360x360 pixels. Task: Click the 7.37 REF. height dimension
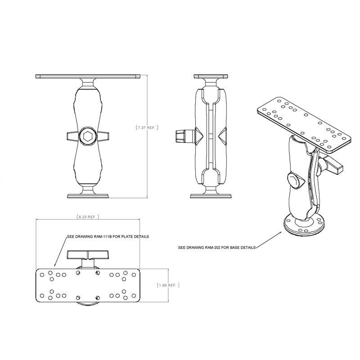pyautogui.click(x=147, y=128)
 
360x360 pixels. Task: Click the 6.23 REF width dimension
pyautogui.click(x=87, y=217)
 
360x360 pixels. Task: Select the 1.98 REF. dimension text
pyautogui.click(x=168, y=285)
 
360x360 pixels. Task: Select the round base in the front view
pyautogui.click(x=88, y=195)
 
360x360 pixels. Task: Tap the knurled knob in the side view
pyautogui.click(x=181, y=135)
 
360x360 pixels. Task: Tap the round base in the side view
pyautogui.click(x=211, y=195)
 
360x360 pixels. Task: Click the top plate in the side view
pyautogui.click(x=211, y=76)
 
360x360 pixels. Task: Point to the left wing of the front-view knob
pyautogui.click(x=72, y=135)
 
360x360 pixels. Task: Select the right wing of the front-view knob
pyautogui.click(x=103, y=135)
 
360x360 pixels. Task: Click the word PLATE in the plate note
pyautogui.click(x=128, y=236)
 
